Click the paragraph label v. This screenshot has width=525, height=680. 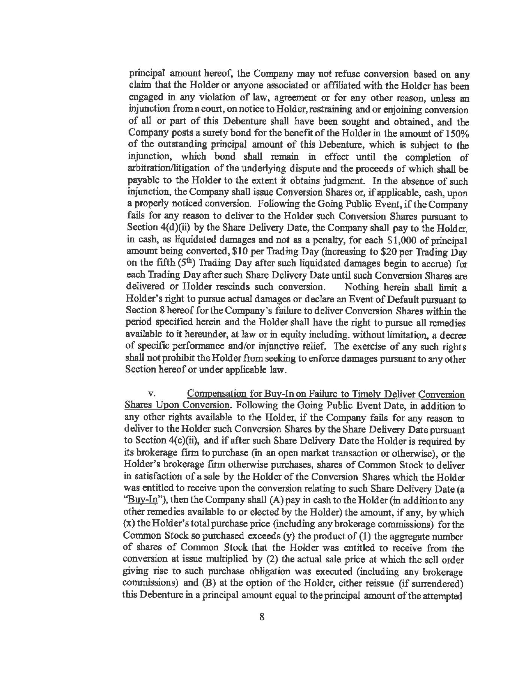click(x=151, y=395)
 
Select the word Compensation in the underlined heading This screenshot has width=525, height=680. click(x=216, y=395)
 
